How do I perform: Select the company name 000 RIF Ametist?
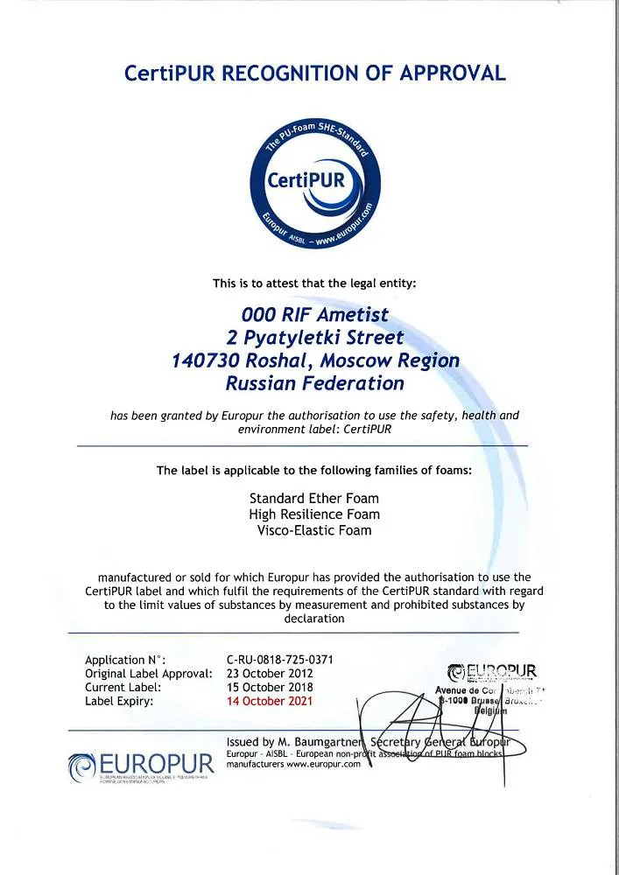click(x=314, y=313)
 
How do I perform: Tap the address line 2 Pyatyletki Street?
click(x=314, y=337)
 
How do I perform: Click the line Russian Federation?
click(x=314, y=383)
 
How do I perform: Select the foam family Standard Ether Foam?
click(x=314, y=499)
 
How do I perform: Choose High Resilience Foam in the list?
click(x=314, y=514)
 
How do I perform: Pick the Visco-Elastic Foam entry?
click(x=314, y=530)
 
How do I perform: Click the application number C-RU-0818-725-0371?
click(x=279, y=660)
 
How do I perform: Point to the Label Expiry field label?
click(x=120, y=701)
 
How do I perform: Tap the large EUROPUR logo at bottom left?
click(x=141, y=764)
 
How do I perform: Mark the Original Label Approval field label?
click(x=149, y=674)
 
